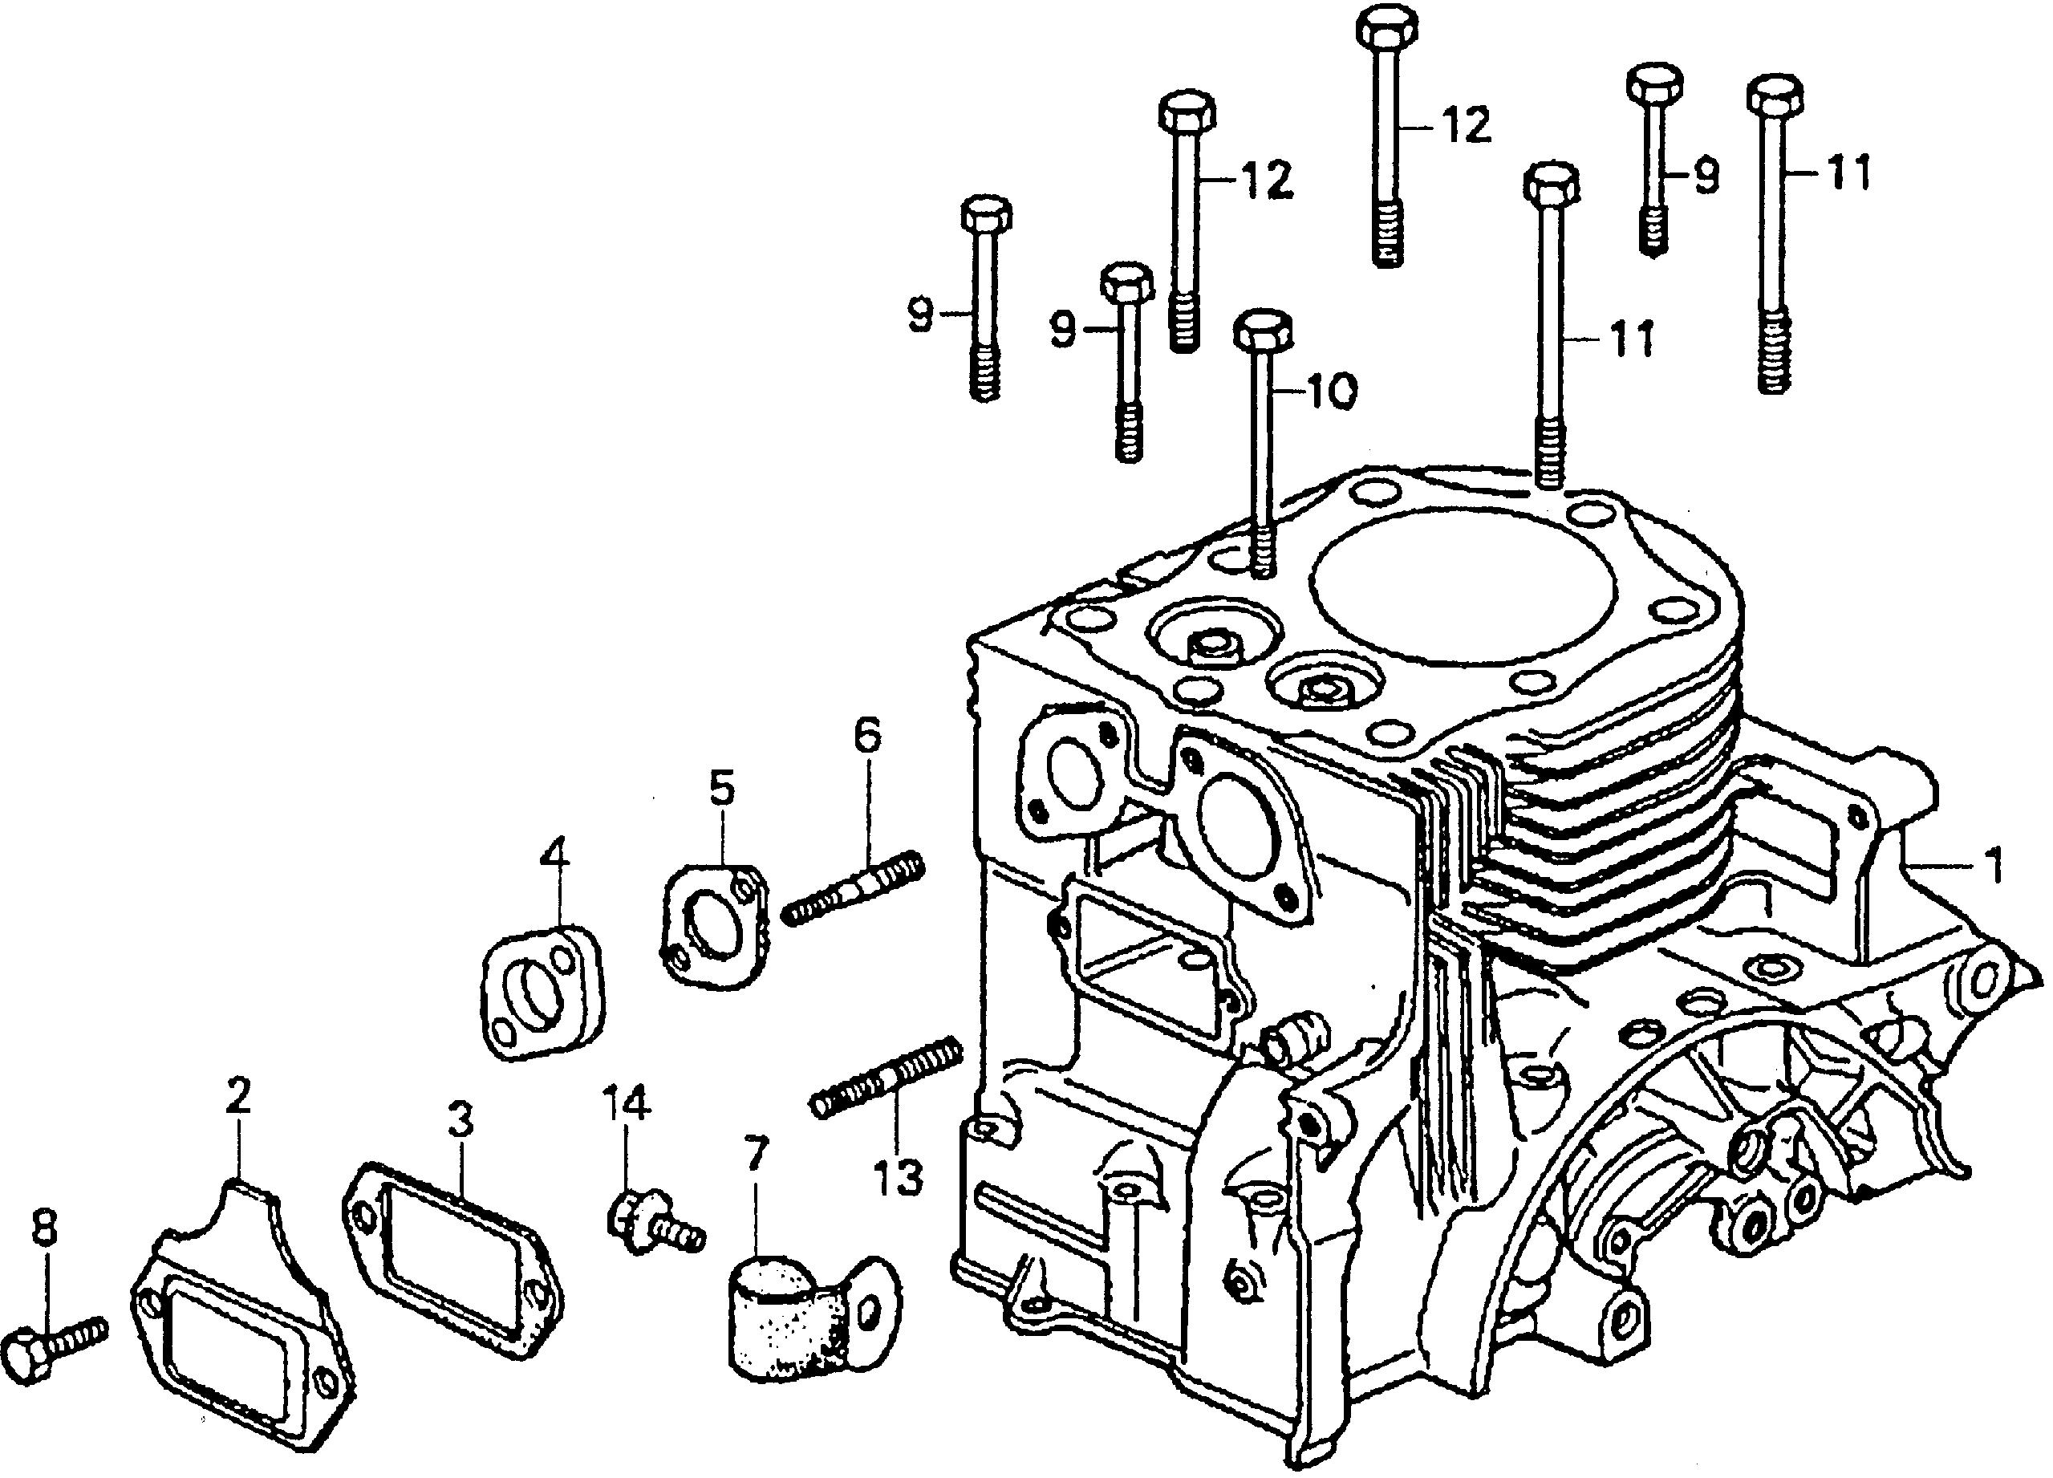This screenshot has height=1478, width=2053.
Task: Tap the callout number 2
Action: click(x=237, y=1097)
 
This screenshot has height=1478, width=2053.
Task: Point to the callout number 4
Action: click(x=554, y=854)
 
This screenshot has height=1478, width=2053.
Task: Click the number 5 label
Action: click(x=721, y=790)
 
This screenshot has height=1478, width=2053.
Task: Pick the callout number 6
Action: click(x=866, y=736)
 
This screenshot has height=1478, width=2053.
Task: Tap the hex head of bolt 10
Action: click(x=1263, y=331)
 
